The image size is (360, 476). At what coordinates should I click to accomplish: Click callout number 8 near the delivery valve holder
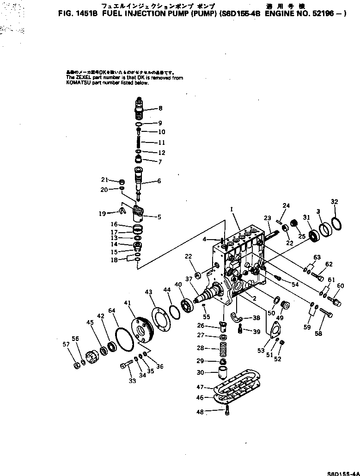[160, 109]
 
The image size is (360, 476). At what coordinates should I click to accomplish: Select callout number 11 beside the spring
[161, 142]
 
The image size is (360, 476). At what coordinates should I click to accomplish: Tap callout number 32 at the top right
[335, 202]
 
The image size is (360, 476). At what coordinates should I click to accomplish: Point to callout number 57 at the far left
[66, 344]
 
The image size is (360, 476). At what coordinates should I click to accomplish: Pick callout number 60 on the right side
[341, 286]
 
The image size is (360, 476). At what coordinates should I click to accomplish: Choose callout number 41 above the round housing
[127, 303]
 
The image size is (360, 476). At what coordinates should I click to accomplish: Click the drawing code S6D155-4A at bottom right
[343, 473]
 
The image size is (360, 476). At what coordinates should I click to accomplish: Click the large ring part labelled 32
[337, 223]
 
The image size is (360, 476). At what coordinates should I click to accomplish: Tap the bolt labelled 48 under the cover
[227, 411]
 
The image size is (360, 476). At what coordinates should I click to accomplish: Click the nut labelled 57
[77, 366]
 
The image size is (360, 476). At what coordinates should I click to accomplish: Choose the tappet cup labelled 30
[222, 372]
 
